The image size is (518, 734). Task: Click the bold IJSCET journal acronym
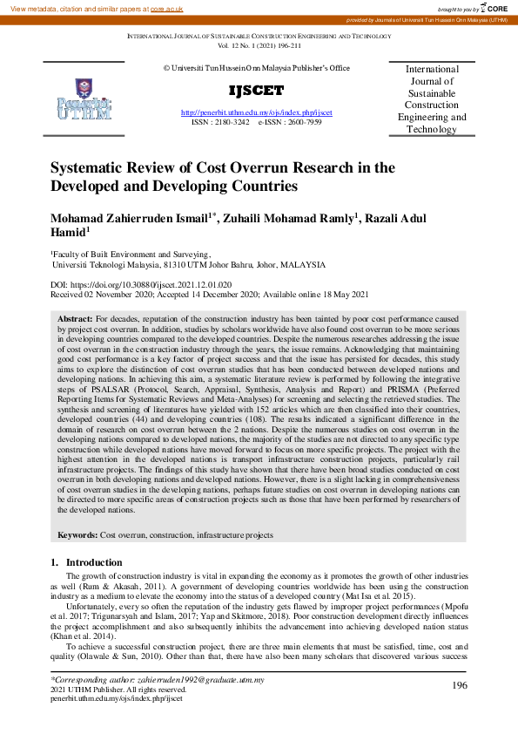coord(256,92)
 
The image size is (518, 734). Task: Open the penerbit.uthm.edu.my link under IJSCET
coord(256,113)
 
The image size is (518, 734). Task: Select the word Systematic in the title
coord(91,168)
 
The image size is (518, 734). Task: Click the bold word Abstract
coord(75,320)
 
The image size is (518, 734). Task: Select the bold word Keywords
coord(77,534)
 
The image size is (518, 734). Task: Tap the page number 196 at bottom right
coord(461,686)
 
